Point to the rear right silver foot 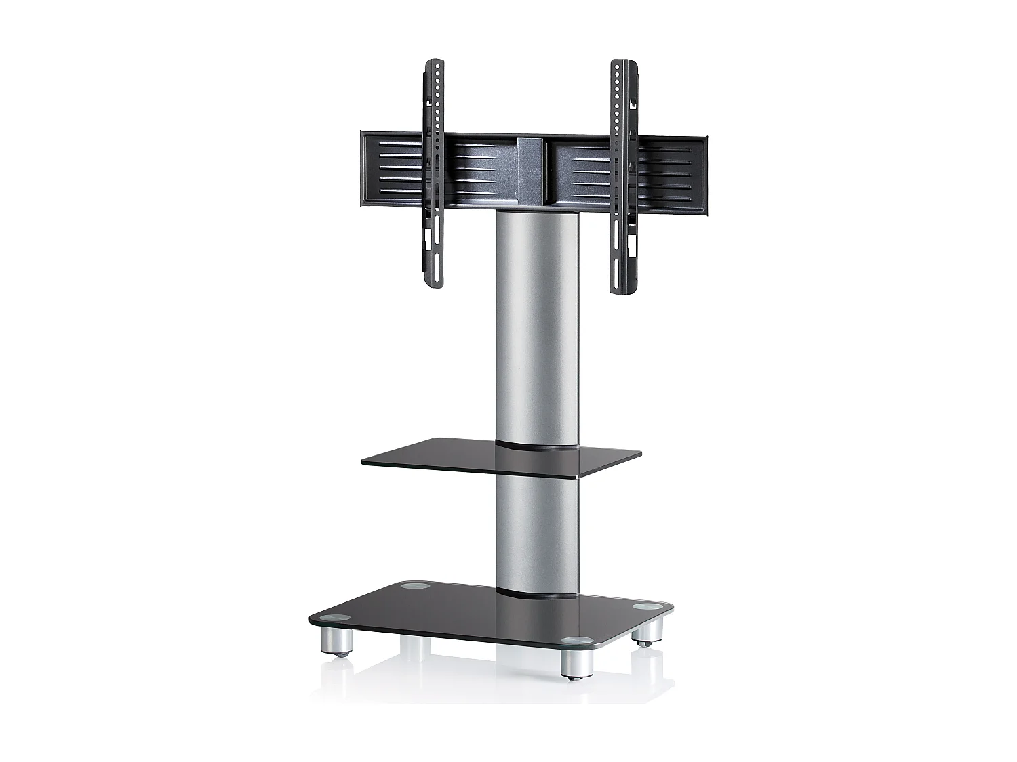645,633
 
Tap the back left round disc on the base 412,585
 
